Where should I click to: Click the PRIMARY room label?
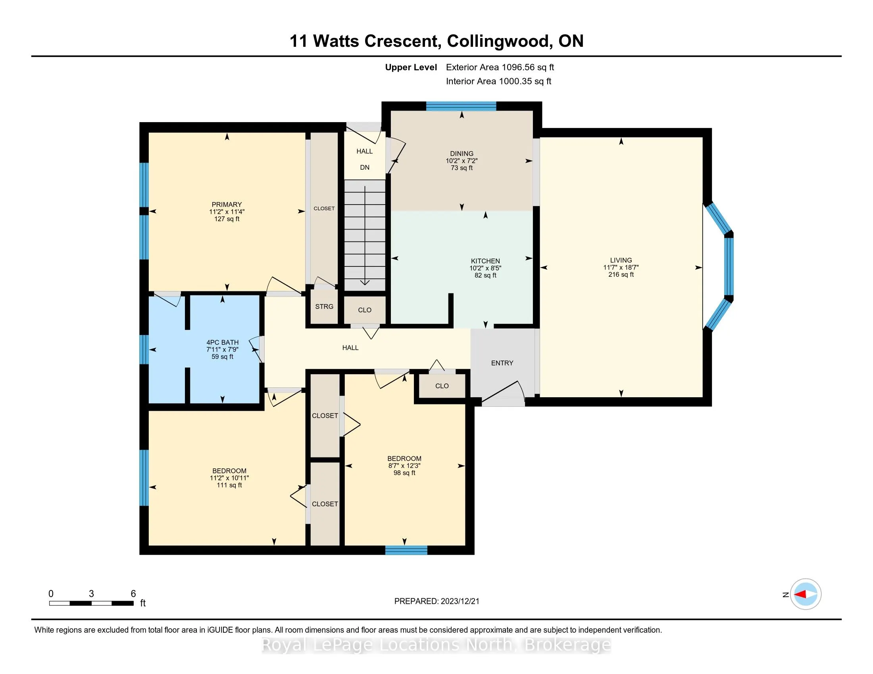point(227,205)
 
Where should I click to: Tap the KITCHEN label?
point(485,261)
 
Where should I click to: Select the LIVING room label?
point(621,260)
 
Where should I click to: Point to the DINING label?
point(461,153)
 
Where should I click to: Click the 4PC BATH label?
point(222,342)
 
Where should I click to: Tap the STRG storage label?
point(324,306)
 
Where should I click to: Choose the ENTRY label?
point(502,363)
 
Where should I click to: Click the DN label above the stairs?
point(365,167)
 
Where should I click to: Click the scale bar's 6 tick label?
point(133,594)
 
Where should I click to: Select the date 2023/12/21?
point(460,601)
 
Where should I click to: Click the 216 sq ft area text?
point(621,274)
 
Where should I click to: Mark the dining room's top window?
point(461,106)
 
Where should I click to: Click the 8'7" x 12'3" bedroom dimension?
point(404,465)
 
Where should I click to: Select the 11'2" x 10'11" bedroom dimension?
point(229,478)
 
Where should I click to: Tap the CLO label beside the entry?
point(442,386)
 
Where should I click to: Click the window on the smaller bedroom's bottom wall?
point(406,550)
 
